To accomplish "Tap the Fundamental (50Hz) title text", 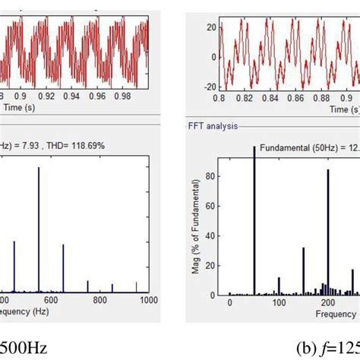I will (x=304, y=147).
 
